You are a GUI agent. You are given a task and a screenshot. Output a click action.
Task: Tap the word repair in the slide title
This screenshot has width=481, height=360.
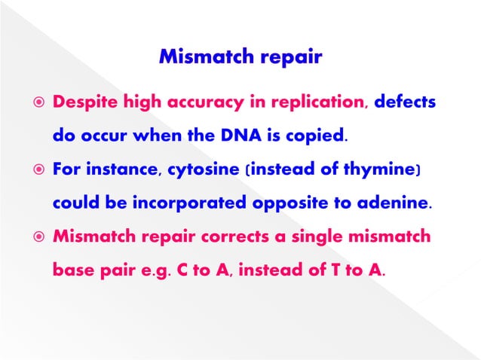point(290,57)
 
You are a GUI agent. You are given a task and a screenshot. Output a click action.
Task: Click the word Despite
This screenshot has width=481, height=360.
point(84,102)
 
